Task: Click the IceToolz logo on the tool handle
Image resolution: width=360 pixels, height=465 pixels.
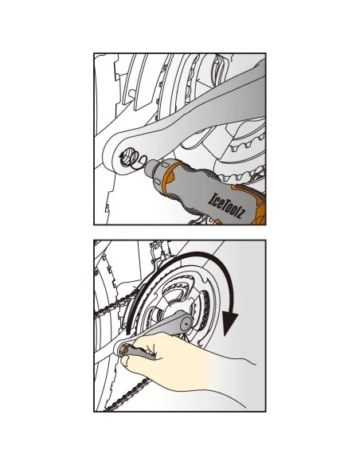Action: tap(227, 205)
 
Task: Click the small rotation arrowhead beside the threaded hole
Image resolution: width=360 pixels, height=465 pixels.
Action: tap(121, 155)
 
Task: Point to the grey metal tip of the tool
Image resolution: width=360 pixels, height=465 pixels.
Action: tap(153, 167)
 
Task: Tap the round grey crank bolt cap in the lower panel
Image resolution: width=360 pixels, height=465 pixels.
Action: tap(186, 322)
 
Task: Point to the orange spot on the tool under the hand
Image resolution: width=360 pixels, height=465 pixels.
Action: tap(126, 350)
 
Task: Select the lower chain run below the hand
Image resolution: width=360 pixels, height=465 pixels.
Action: tap(127, 394)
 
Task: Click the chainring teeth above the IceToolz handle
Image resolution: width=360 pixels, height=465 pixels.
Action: tap(246, 175)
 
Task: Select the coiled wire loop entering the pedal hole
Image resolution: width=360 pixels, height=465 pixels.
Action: tap(139, 162)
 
